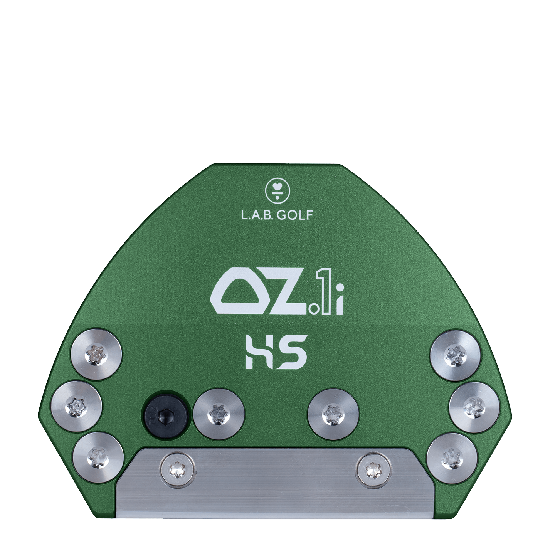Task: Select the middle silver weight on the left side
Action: pos(76,406)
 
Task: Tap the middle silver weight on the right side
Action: pos(475,406)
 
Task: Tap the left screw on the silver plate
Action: pos(178,469)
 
